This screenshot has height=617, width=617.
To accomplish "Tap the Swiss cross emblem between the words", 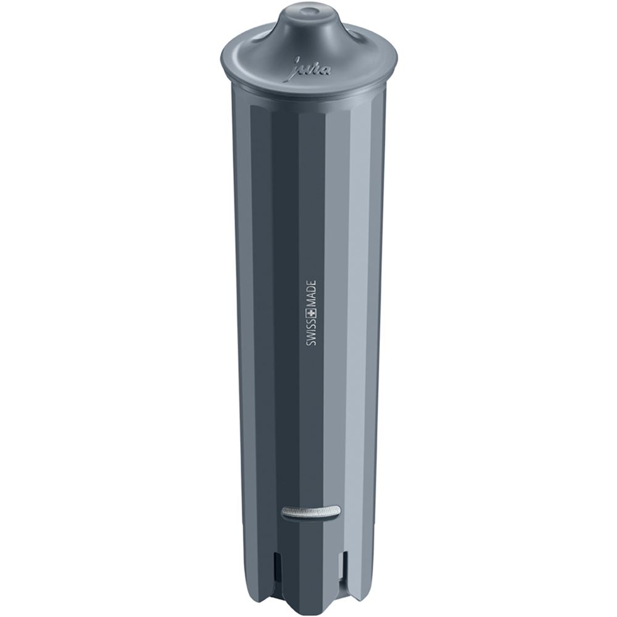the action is [x=310, y=315].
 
